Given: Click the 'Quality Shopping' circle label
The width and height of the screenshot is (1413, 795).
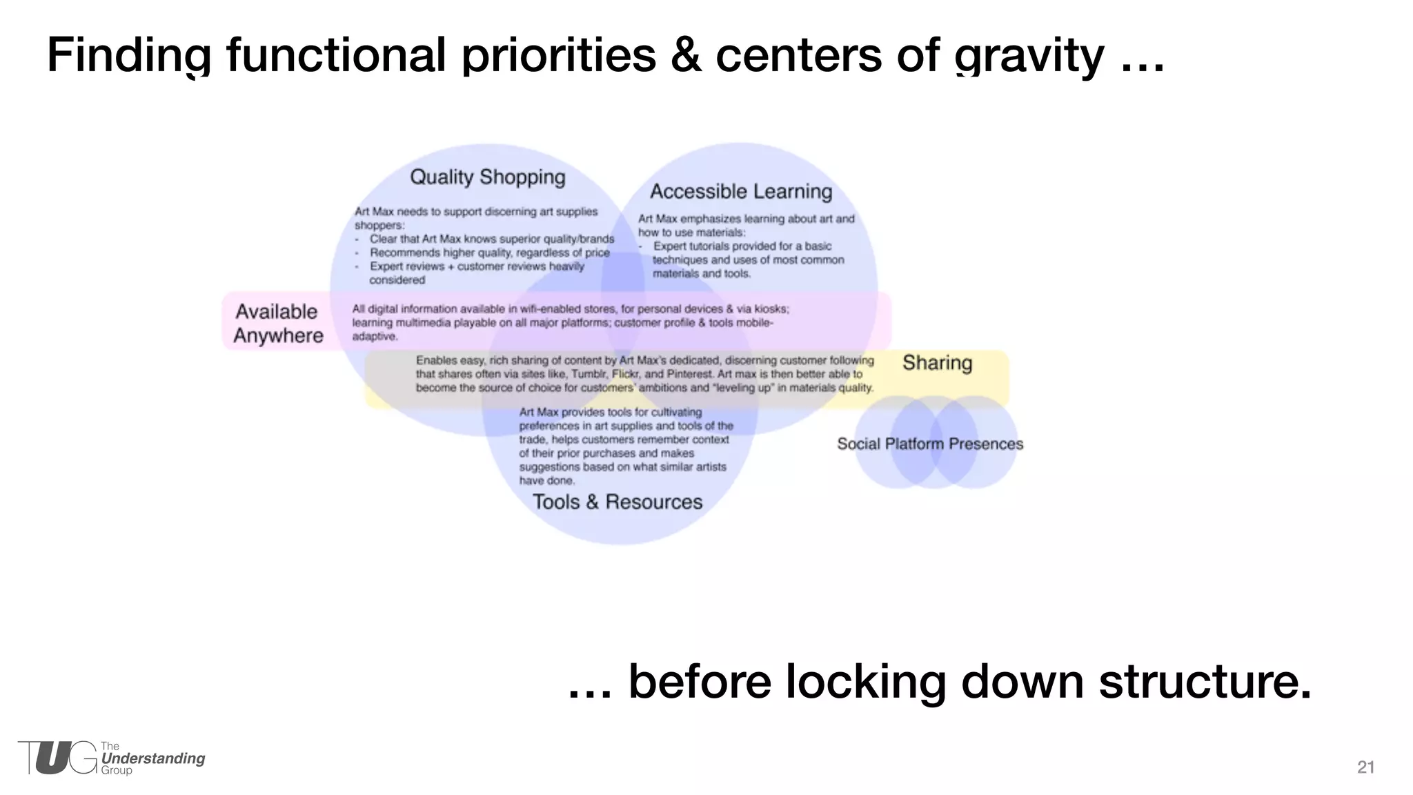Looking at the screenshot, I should point(488,177).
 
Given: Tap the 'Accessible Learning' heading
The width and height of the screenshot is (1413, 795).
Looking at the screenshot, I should point(741,191).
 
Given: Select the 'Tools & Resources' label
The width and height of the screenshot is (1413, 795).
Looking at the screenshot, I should point(617,502).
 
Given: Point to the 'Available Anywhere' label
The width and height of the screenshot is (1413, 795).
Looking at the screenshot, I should point(277,323).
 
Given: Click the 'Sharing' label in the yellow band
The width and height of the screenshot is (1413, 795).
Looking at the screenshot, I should point(937,363).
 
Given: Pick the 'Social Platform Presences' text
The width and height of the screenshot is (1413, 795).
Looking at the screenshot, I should point(930,444).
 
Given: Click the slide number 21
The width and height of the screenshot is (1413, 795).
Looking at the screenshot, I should point(1365,767).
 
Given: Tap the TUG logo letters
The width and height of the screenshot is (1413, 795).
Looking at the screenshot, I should point(58,758).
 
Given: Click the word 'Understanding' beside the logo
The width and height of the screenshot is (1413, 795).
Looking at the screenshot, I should point(153,758).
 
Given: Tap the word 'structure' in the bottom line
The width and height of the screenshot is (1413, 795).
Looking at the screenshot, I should point(1204,681).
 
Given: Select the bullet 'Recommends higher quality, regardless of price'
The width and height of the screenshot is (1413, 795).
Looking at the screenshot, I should point(490,253).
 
